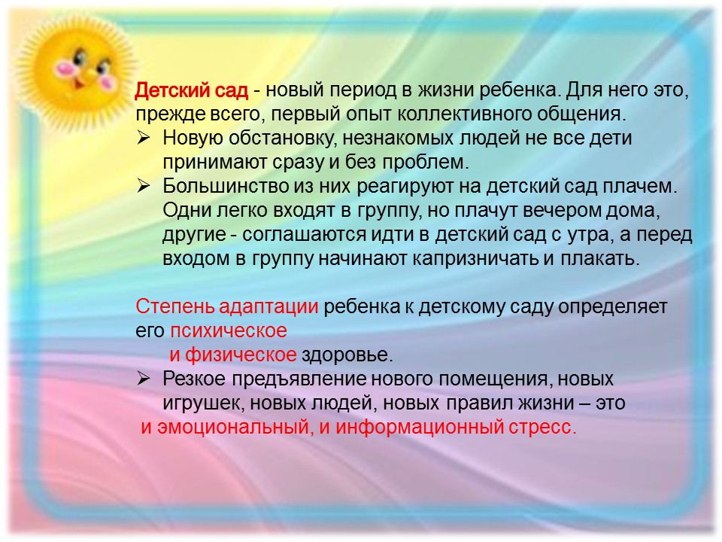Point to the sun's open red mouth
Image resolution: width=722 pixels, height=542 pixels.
click(79, 84)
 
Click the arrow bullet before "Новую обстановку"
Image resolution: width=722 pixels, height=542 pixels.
click(143, 138)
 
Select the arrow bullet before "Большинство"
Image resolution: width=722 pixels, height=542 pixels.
click(143, 186)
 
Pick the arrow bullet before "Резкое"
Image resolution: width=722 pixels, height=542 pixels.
click(143, 379)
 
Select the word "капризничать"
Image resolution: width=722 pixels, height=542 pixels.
click(475, 258)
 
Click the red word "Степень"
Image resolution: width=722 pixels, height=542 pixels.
click(175, 306)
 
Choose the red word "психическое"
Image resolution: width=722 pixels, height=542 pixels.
click(229, 331)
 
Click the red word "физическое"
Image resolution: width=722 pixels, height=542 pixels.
click(241, 355)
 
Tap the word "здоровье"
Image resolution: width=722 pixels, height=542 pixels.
click(346, 355)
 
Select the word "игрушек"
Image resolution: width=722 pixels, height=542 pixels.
click(204, 403)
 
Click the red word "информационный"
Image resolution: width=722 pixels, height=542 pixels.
click(420, 428)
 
